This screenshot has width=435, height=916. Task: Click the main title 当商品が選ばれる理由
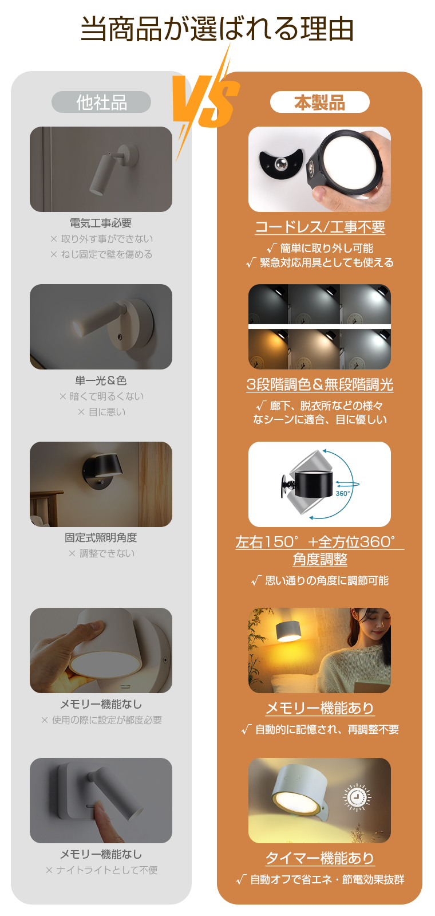(x=217, y=29)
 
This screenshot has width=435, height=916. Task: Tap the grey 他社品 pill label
(x=101, y=103)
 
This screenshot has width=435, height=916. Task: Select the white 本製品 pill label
(x=319, y=103)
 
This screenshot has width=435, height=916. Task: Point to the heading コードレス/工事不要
(x=319, y=227)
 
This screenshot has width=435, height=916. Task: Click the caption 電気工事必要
(x=101, y=223)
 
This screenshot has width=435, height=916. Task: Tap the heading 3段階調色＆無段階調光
(x=319, y=384)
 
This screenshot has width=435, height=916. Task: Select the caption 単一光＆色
(x=101, y=380)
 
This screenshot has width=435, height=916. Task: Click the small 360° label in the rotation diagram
(x=342, y=493)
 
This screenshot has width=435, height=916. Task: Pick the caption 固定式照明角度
(x=101, y=537)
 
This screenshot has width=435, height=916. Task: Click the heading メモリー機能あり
(x=319, y=708)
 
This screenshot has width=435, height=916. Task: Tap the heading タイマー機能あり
(x=319, y=858)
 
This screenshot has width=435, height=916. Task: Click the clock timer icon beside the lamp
(x=357, y=797)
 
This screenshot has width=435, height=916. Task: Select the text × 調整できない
(x=101, y=553)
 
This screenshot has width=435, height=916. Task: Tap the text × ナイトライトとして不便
(x=101, y=870)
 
